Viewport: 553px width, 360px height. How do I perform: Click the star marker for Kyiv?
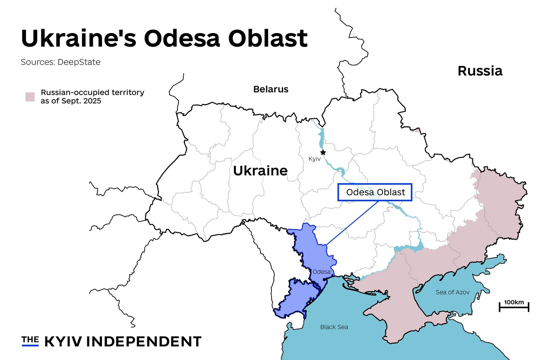coord(323,153)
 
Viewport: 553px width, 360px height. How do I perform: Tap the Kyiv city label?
coord(314,159)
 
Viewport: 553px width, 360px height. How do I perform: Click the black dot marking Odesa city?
coord(324,279)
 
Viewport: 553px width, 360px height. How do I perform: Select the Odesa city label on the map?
coord(321,272)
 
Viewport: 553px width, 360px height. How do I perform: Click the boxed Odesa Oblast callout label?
coord(375,192)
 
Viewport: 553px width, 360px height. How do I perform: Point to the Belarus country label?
coord(271,89)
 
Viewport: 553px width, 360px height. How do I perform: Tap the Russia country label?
coord(480,71)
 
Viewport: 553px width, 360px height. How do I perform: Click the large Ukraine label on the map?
coord(260,171)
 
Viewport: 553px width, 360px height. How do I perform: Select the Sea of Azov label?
coord(452,292)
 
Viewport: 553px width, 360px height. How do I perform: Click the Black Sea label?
coord(334,327)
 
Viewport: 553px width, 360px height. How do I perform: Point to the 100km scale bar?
coord(514,307)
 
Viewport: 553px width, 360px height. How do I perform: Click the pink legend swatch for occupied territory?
coord(30,97)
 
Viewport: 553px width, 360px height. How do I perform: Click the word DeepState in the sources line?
coord(79,62)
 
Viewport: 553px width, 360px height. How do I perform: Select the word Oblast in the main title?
coord(268,38)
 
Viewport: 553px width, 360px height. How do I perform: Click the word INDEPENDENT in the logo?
coord(144,342)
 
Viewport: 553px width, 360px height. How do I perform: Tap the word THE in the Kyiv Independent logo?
coord(30,339)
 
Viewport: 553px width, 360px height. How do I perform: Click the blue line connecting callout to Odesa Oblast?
coord(352,223)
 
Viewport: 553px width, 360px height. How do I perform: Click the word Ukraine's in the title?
coord(79,38)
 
